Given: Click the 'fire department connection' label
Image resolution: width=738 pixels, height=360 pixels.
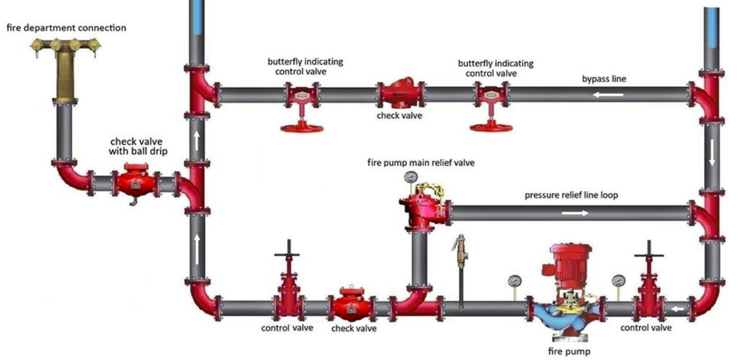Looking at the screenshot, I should [x=66, y=28].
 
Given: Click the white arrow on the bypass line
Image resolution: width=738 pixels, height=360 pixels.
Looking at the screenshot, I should [x=608, y=95].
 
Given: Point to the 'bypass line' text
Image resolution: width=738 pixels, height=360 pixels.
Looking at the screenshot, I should [x=604, y=79].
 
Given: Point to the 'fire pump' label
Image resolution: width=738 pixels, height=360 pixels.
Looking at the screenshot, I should [x=569, y=351].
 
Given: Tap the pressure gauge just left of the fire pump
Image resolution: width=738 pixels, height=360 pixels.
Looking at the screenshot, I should [x=515, y=281].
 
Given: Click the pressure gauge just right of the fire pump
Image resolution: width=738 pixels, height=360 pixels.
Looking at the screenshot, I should [x=618, y=281].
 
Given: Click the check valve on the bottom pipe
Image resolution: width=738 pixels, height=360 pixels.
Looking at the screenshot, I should [x=352, y=304].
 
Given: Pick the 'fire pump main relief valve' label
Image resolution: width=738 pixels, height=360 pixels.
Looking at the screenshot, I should [x=420, y=163].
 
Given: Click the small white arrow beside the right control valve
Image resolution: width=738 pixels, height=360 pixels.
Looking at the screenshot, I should [x=677, y=309].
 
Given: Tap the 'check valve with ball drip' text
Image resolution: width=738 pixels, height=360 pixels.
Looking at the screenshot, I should [x=136, y=146].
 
